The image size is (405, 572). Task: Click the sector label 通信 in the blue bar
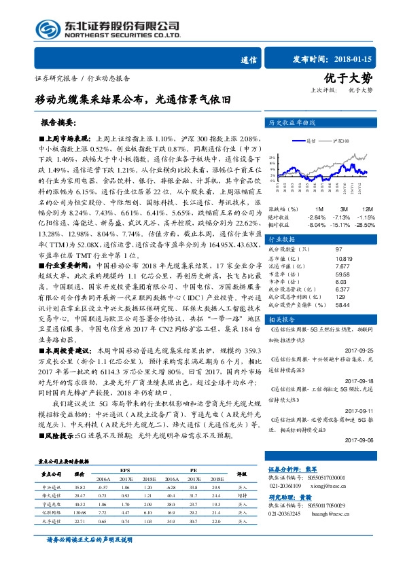pyautogui.click(x=249, y=59)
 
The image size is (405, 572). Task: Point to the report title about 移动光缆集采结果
pyautogui.click(x=133, y=99)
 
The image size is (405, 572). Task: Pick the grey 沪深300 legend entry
pyautogui.click(x=340, y=141)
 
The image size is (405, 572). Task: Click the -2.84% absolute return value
pyautogui.click(x=317, y=217)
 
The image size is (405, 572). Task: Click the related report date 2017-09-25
pyautogui.click(x=364, y=350)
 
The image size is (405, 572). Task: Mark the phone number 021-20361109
pyautogui.click(x=286, y=485)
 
